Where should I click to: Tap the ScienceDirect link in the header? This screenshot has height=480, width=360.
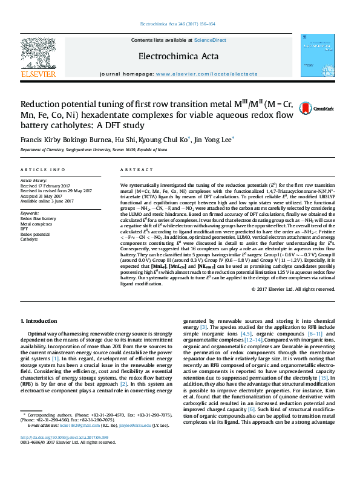tap(210, 40)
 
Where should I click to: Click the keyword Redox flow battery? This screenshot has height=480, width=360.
tap(38, 218)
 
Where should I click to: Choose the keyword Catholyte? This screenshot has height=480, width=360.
tap(29, 239)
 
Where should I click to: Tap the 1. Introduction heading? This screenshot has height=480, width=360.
tap(40, 320)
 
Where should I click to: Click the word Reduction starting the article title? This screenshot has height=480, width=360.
tap(40, 104)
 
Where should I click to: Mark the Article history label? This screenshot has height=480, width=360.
tap(34, 180)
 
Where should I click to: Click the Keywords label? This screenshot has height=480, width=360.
tap(30, 213)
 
